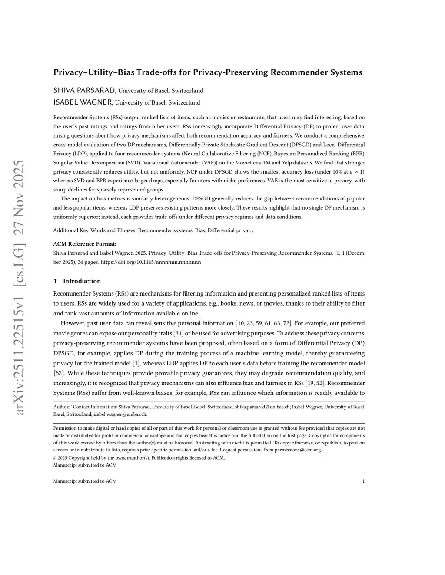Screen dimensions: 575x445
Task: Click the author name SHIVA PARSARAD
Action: pyautogui.click(x=84, y=90)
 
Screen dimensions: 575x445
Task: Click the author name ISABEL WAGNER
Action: pyautogui.click(x=83, y=102)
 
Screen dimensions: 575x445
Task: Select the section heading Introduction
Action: pyautogui.click(x=82, y=281)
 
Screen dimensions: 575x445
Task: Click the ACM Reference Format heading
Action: pyautogui.click(x=85, y=244)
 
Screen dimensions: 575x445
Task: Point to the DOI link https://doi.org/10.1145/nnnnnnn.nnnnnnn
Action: pyautogui.click(x=151, y=262)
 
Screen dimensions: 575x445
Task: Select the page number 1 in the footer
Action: pyautogui.click(x=363, y=481)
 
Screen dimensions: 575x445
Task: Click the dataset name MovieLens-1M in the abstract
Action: pyautogui.click(x=244, y=163)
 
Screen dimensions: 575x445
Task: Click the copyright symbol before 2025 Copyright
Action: pyautogui.click(x=55, y=457)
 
